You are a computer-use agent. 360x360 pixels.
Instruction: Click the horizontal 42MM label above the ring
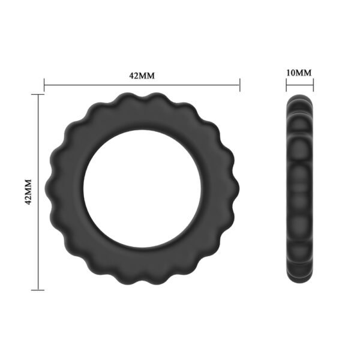pos(142,76)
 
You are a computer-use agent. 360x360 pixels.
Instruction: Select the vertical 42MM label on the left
pos(27,191)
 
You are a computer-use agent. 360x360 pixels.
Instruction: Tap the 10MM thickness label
pos(299,73)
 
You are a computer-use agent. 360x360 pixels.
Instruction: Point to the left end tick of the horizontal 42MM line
pos(44,85)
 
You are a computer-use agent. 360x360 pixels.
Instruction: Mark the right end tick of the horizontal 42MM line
pos(240,85)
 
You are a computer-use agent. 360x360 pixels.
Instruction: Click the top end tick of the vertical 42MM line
pos(38,94)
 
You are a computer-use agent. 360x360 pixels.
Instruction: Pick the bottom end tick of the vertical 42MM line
pos(38,290)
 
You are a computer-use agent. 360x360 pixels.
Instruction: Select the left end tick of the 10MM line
pos(286,84)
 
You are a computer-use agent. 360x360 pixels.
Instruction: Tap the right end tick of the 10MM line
pos(313,84)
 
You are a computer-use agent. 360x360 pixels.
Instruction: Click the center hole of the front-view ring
pos(142,188)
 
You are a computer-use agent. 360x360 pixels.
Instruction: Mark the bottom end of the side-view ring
pos(299,283)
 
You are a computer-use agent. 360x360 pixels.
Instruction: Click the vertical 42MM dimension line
pos(38,240)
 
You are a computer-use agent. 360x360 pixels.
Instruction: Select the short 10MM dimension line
pos(299,84)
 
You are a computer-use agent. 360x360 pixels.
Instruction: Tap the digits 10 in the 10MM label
pos(292,73)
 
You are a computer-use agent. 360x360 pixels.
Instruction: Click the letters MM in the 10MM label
pos(305,73)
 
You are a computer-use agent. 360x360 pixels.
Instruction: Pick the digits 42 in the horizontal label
pos(134,76)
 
